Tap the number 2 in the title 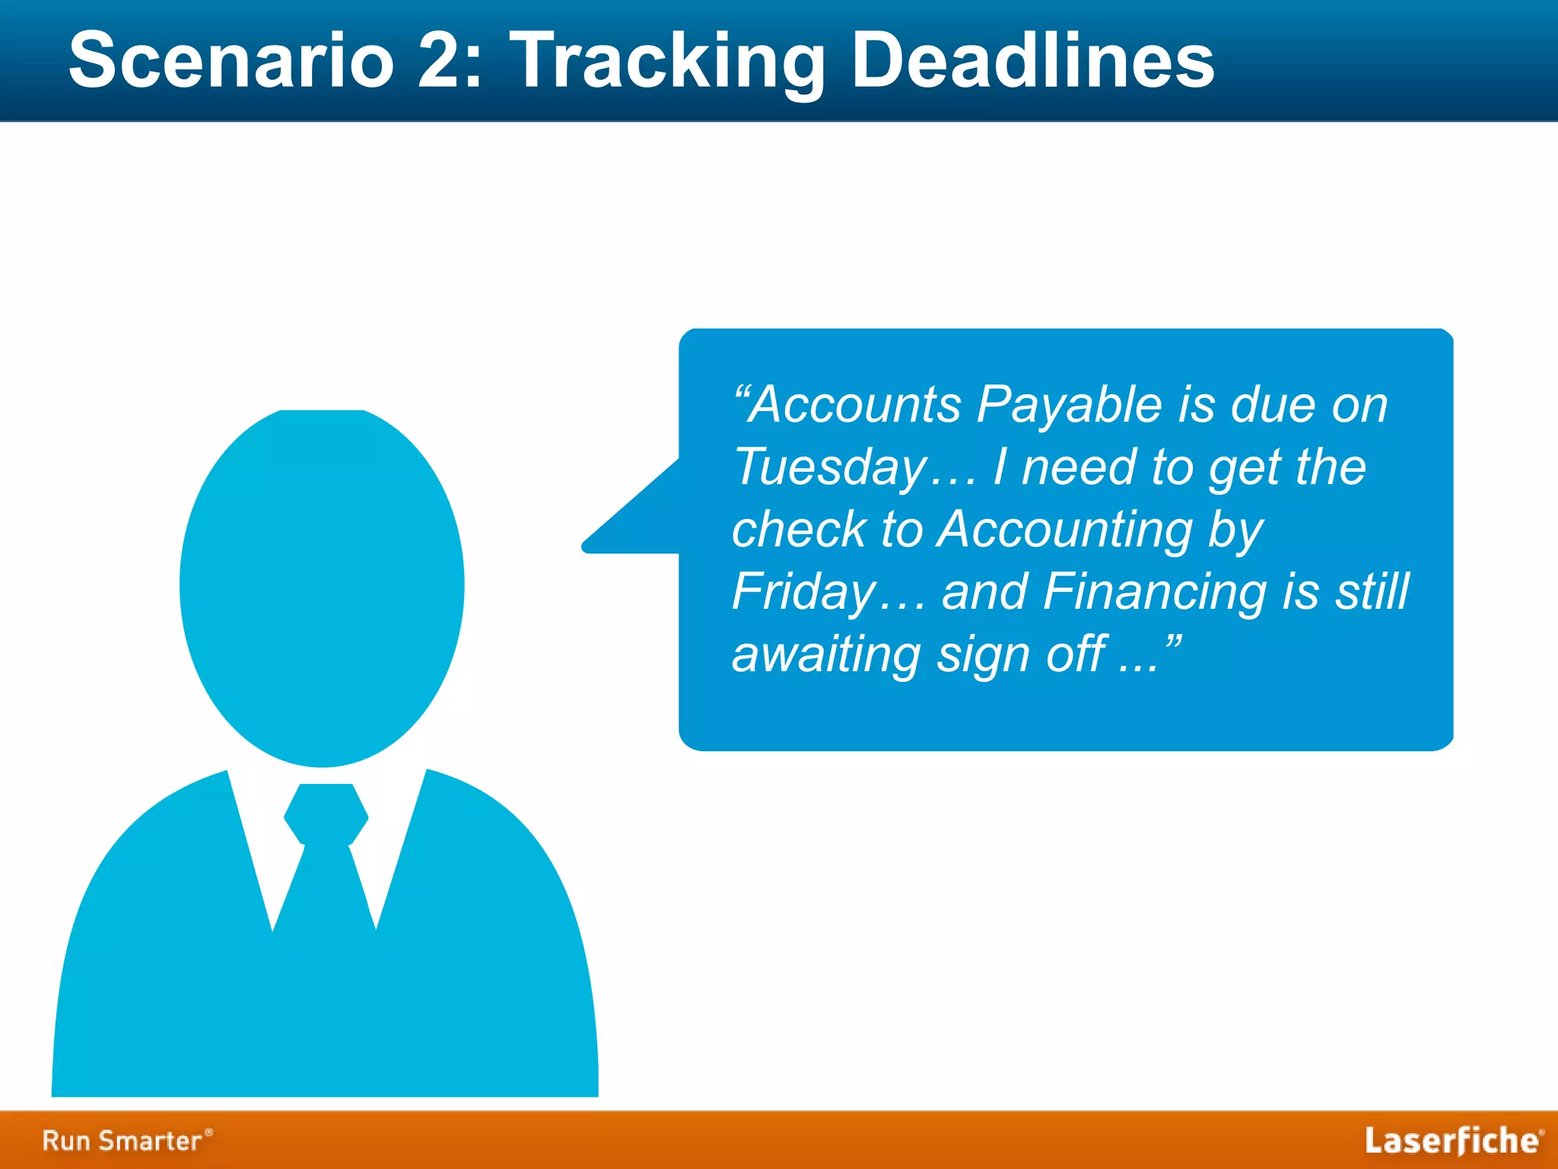(x=439, y=61)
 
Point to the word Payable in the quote (x=1069, y=405)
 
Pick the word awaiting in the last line (x=825, y=655)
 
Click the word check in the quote (x=799, y=529)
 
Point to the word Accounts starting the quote (x=855, y=405)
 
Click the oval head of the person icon (x=322, y=586)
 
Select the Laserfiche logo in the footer (x=1452, y=1141)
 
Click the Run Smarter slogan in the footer (x=126, y=1140)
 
